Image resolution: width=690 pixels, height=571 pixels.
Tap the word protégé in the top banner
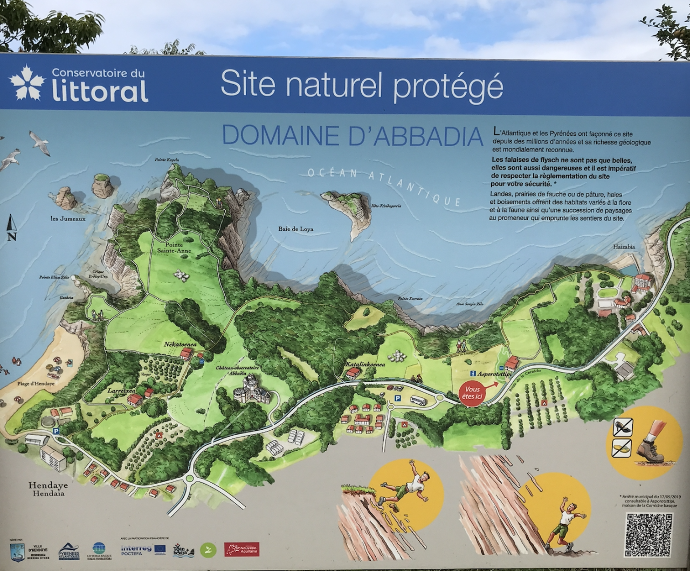point(448,85)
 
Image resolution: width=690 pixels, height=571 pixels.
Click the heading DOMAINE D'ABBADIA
point(353,135)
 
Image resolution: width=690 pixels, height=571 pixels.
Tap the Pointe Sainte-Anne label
point(174,247)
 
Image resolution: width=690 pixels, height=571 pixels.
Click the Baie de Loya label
point(295,229)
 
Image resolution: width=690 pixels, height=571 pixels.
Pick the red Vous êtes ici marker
point(471,393)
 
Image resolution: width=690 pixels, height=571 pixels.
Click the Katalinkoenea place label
point(365,364)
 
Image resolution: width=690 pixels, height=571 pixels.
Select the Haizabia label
point(624,247)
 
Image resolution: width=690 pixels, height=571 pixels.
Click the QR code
point(648,534)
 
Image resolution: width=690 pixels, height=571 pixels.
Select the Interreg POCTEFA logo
point(136,549)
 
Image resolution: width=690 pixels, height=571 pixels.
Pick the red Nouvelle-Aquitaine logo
point(241,549)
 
